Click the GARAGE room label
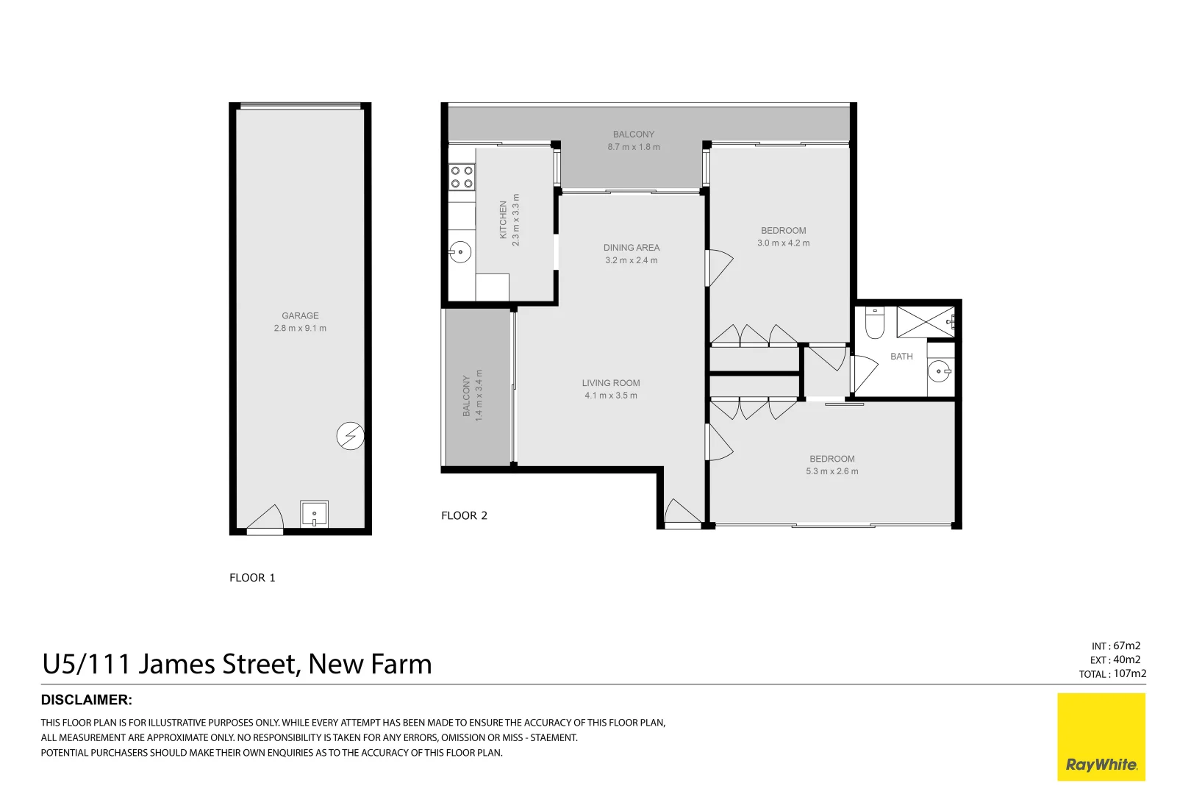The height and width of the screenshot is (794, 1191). [300, 315]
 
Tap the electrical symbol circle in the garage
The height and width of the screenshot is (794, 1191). [350, 436]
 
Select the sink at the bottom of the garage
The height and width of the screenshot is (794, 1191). [314, 514]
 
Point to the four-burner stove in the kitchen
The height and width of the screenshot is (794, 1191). [462, 176]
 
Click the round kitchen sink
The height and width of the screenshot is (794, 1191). [460, 252]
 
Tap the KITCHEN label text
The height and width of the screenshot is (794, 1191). [504, 219]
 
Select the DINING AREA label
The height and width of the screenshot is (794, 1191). [632, 248]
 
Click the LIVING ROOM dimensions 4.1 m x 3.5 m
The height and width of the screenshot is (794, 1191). [611, 396]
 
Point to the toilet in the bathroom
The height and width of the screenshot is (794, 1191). [874, 323]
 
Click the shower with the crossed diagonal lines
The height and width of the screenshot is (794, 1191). [925, 322]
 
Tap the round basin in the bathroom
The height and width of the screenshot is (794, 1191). [939, 371]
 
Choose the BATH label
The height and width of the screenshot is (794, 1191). [901, 357]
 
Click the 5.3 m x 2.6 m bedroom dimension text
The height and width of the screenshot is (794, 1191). [831, 471]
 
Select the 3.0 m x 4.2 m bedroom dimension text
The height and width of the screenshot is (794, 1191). [783, 243]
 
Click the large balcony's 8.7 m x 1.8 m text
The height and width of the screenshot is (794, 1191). [633, 147]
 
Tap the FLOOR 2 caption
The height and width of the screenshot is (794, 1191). [464, 515]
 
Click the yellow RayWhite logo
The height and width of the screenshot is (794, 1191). [1101, 737]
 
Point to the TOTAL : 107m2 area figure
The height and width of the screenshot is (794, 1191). [1112, 673]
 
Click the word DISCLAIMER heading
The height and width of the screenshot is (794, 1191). [87, 700]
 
